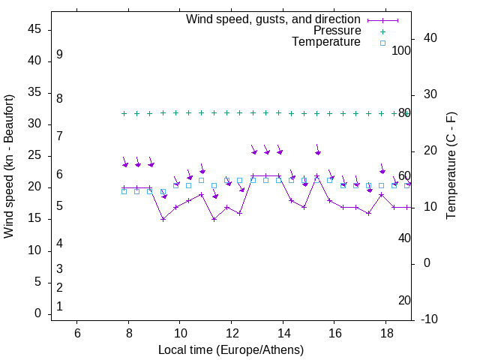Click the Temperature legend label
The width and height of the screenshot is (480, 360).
point(326,42)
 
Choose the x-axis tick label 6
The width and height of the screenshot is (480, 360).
point(77,332)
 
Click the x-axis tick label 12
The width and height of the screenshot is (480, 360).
point(232,332)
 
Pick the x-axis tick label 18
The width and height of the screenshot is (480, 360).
point(386,332)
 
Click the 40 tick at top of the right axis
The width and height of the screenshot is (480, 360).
point(430,38)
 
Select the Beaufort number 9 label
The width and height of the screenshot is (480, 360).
point(59,55)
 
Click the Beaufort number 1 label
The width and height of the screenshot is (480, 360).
point(59,306)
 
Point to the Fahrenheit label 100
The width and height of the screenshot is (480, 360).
point(402,50)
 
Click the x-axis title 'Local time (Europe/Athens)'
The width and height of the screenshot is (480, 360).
point(231,349)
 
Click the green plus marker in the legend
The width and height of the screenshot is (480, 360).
point(382,31)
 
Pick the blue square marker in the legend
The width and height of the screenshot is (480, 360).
point(382,43)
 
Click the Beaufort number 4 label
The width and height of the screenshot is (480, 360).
point(59,243)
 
